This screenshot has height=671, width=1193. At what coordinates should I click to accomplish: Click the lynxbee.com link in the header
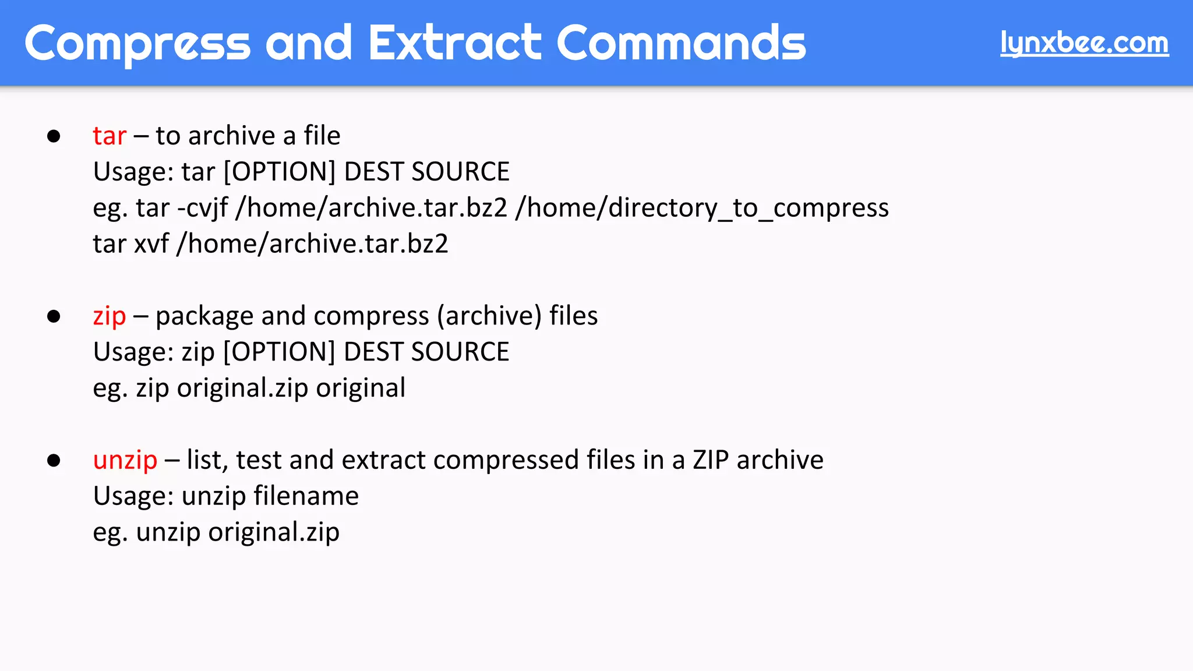coord(1084,43)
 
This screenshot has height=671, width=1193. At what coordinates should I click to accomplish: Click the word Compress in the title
coord(137,43)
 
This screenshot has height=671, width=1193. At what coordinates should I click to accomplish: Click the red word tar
coord(110,136)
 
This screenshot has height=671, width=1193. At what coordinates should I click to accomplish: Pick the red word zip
coord(110,316)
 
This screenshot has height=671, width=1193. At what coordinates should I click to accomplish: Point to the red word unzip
coord(125,461)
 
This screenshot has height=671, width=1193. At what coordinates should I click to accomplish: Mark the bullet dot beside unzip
coord(54,461)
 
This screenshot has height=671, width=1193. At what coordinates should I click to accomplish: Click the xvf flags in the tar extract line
coord(151,244)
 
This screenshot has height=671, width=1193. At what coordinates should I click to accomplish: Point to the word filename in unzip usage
coord(306,496)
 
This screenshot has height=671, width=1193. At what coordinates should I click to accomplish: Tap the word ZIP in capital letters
coord(711,460)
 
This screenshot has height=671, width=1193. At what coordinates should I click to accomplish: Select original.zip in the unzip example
coord(274,532)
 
